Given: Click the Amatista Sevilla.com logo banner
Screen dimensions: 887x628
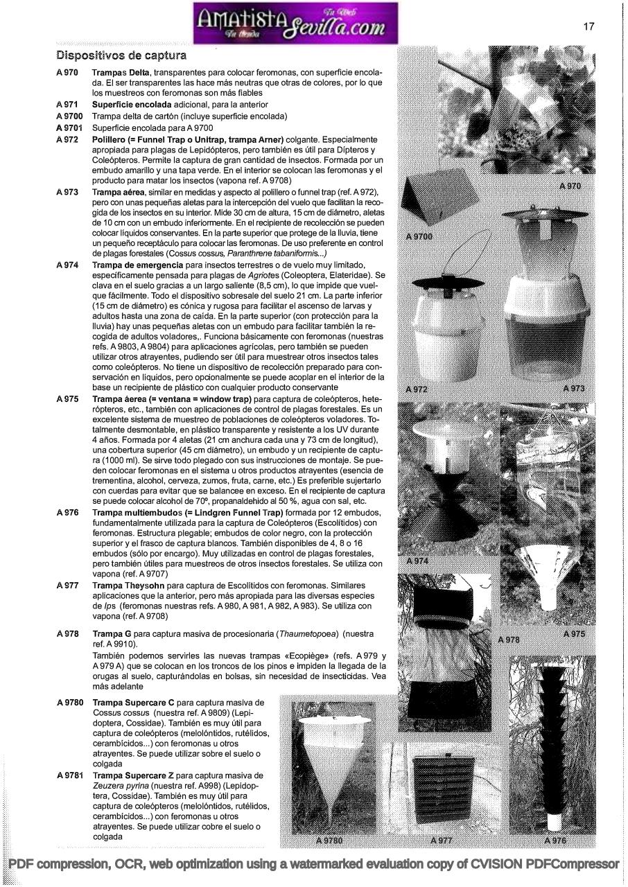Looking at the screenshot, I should point(297,22).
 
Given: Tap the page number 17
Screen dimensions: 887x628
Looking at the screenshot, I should point(588,26).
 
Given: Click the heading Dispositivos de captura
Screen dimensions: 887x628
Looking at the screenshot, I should point(121,55).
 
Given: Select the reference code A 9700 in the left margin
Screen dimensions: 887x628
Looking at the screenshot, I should point(69,116).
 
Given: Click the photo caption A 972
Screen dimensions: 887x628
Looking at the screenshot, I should point(417,389).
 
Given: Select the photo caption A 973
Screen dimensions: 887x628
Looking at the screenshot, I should point(574,388).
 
